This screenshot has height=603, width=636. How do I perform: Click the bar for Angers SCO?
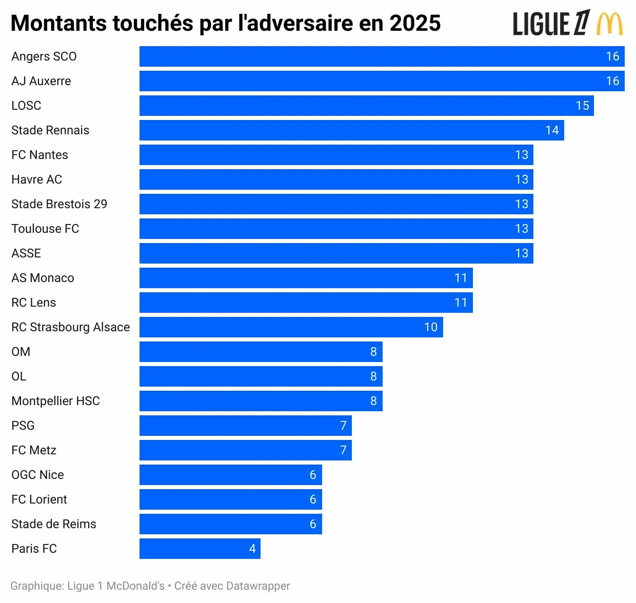[382, 56]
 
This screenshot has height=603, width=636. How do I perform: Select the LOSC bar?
[366, 106]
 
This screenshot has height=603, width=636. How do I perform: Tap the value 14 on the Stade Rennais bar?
[552, 130]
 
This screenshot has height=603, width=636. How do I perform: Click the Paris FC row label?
[34, 549]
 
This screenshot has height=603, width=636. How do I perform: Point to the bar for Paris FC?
[200, 549]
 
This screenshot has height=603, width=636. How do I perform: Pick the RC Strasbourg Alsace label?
[70, 327]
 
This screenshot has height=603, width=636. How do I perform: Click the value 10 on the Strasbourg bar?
[431, 327]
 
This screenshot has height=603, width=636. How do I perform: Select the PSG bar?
[245, 426]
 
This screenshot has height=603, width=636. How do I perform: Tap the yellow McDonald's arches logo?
[610, 24]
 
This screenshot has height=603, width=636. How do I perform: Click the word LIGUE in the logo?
[541, 24]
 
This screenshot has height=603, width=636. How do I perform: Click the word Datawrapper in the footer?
[258, 586]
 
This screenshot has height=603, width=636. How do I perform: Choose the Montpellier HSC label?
[55, 401]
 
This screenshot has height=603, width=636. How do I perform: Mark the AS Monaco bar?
[306, 278]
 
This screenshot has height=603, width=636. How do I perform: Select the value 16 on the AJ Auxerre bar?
[612, 81]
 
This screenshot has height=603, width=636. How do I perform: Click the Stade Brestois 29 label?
[59, 204]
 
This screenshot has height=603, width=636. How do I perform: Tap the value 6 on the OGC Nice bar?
[313, 475]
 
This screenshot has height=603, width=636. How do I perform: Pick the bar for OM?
[261, 352]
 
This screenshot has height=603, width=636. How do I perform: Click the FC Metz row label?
[34, 450]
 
